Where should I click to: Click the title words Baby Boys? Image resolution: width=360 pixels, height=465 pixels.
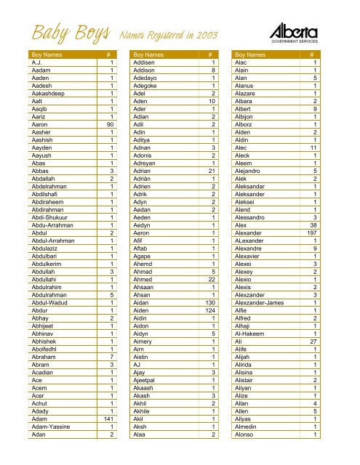(x=68, y=33)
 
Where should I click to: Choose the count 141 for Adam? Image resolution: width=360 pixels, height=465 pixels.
(x=108, y=418)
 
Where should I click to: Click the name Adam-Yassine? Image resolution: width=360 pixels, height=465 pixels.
(x=49, y=426)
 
